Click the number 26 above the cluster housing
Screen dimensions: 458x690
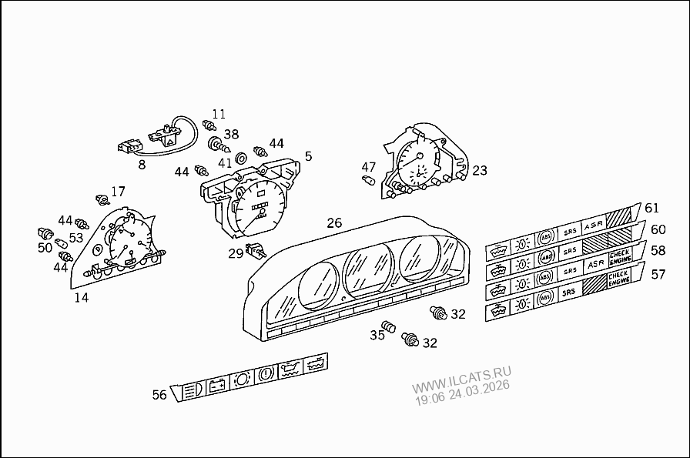[334, 223]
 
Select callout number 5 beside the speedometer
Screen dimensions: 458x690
[308, 156]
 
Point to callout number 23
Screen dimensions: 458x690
[480, 171]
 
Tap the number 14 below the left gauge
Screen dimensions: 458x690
[81, 297]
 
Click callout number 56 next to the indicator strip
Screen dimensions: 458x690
[159, 395]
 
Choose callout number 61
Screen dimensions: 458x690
[651, 208]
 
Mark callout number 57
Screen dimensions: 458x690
[658, 274]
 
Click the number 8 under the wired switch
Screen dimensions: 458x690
[141, 163]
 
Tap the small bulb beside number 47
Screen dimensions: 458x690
[368, 180]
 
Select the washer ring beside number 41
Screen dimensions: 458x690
[240, 158]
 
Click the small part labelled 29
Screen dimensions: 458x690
[254, 249]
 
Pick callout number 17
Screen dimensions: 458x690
[118, 192]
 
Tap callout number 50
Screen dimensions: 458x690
[45, 247]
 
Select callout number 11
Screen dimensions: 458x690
[219, 115]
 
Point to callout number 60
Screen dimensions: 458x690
[658, 229]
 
